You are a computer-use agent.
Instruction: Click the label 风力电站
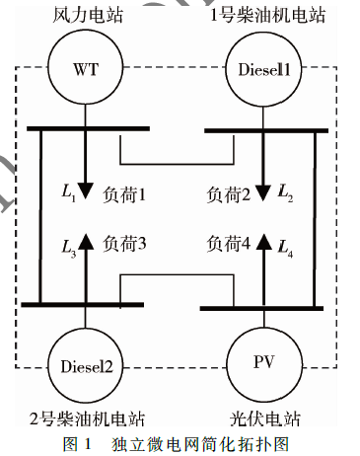coord(88,15)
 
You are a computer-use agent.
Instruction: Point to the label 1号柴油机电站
coord(267,15)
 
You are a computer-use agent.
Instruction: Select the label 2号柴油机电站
coord(88,418)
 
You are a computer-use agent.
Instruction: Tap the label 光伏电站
coord(265,418)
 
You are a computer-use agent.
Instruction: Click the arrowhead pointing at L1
coord(85,191)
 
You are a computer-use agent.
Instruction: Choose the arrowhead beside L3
coord(86,242)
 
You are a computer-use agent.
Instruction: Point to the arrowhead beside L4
coord(264,242)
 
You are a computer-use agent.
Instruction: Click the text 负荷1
coord(124,194)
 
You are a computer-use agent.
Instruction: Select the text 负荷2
coord(229,194)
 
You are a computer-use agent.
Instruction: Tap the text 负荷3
coord(124,244)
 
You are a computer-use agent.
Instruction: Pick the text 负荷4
coord(229,244)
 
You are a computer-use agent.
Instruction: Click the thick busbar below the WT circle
coord(88,128)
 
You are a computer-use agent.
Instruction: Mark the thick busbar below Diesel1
coord(266,130)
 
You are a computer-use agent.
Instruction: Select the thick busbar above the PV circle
coord(261,308)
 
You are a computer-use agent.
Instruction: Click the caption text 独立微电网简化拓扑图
coord(200,444)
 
